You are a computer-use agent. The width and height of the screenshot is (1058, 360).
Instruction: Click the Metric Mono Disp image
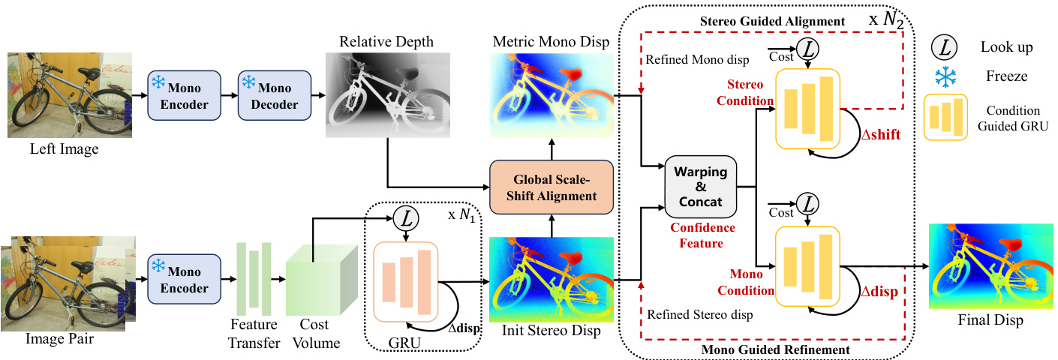click(x=552, y=95)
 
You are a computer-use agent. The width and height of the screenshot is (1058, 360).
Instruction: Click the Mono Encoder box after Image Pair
click(x=183, y=280)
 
